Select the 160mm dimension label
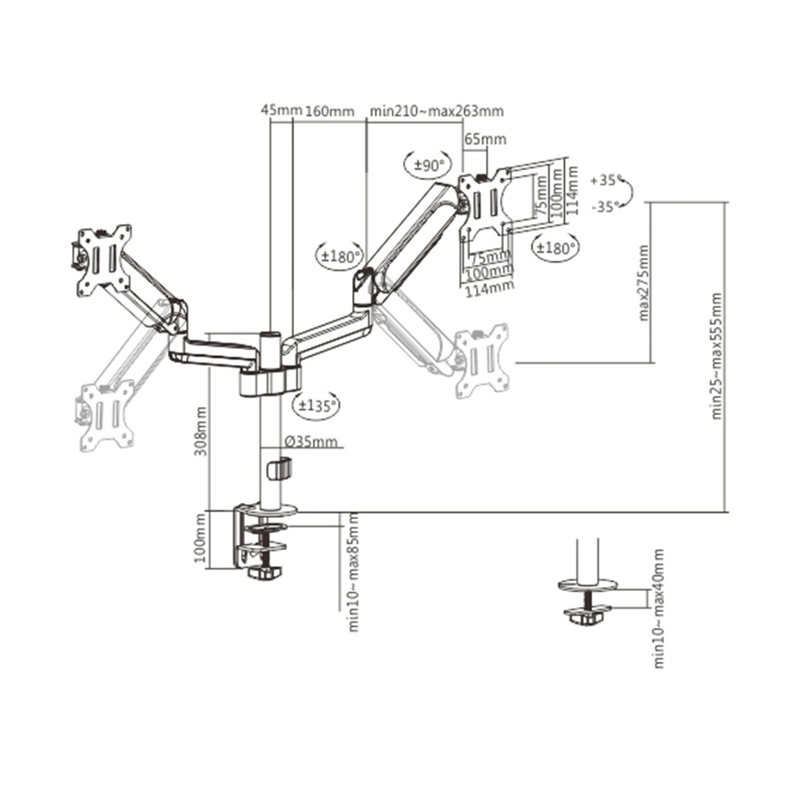coord(330,111)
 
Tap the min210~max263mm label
coord(437,111)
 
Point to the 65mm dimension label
coord(485,139)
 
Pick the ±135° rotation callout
coord(317,405)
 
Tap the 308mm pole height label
coord(201,432)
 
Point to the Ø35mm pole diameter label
coord(310,441)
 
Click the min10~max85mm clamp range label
coord(353,571)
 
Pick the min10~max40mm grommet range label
coord(659,608)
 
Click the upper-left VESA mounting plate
coord(105,257)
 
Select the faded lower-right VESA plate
coord(482,360)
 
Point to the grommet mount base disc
coord(587,585)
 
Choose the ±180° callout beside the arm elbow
coord(340,255)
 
